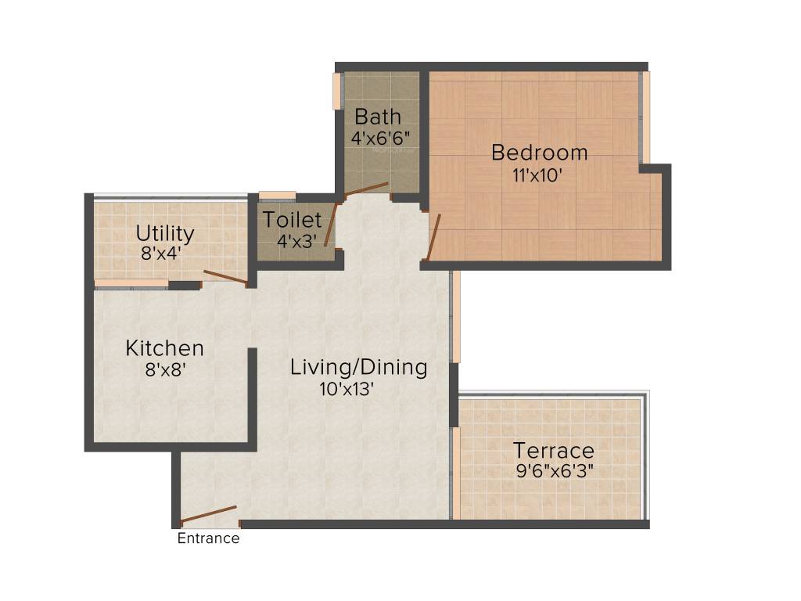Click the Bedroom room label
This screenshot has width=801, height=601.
click(539, 153)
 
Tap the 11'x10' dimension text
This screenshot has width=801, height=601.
click(537, 176)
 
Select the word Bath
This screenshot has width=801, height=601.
click(378, 117)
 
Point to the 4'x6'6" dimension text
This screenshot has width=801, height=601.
click(381, 138)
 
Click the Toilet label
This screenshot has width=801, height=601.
click(292, 220)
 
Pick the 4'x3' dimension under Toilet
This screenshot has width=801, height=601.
click(295, 241)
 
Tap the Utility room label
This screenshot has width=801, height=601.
click(165, 233)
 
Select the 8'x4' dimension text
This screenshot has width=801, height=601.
click(162, 254)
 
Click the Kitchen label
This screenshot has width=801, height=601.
click(165, 348)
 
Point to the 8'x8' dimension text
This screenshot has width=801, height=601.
click(165, 369)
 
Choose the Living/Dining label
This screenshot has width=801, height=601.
click(359, 367)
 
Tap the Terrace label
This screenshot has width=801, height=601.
click(553, 451)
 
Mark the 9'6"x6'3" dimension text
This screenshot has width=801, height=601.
click(555, 472)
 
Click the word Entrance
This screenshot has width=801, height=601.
click(208, 538)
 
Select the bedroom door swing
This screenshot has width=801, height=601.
click(433, 237)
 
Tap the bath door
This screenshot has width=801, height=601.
click(367, 189)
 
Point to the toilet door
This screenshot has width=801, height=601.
click(331, 225)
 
